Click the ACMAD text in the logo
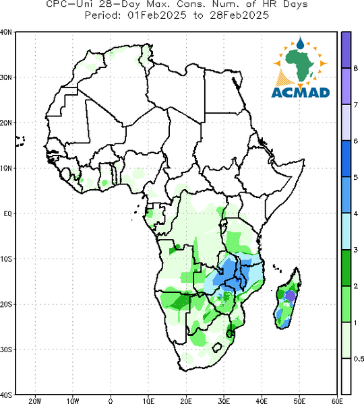pyautogui.click(x=301, y=92)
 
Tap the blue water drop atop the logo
pyautogui.click(x=300, y=44)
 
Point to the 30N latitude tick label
pyautogui.click(x=5, y=77)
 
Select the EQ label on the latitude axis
pyautogui.click(x=7, y=213)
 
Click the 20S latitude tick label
pyautogui.click(x=6, y=304)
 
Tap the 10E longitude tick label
pyautogui.click(x=148, y=401)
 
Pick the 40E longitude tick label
pyautogui.click(x=262, y=401)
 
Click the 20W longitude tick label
pyautogui.click(x=35, y=401)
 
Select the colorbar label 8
pyautogui.click(x=355, y=69)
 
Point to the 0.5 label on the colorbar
pyautogui.click(x=359, y=359)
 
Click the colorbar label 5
pyautogui.click(x=355, y=177)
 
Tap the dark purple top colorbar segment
pyautogui.click(x=346, y=50)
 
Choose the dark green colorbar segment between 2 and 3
pyautogui.click(x=346, y=268)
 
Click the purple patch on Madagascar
pyautogui.click(x=291, y=296)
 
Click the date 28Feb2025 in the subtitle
pyautogui.click(x=239, y=15)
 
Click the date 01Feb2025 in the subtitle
pyautogui.click(x=157, y=15)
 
